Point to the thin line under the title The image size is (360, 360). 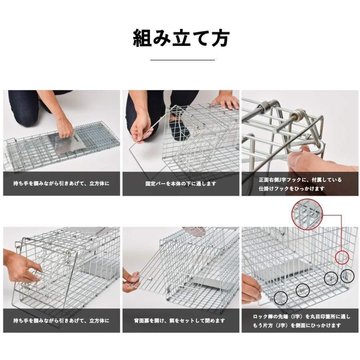[182, 60]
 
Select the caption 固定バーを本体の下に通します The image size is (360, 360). [181, 184]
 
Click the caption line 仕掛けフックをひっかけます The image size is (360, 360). [292, 189]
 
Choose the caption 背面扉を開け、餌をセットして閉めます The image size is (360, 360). [179, 321]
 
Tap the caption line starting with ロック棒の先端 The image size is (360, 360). [302, 317]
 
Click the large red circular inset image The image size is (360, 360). [307, 214]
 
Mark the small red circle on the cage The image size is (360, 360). [342, 257]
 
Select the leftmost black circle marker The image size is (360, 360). [280, 298]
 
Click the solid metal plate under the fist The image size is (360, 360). [66, 144]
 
